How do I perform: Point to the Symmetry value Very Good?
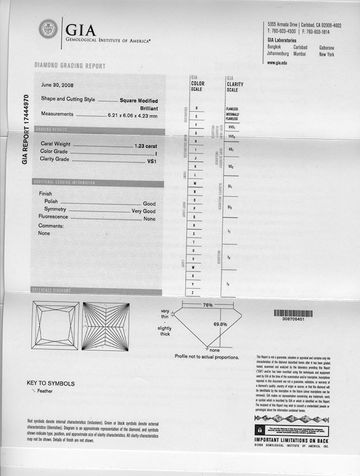click(x=144, y=211)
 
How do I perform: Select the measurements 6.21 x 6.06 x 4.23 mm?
click(x=133, y=116)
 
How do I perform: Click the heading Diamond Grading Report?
click(x=70, y=66)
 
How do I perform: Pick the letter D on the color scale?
click(x=197, y=108)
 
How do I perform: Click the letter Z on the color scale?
click(x=193, y=293)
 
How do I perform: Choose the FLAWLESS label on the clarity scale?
click(x=232, y=108)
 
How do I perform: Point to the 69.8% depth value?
click(x=220, y=324)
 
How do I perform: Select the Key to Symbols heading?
click(x=50, y=383)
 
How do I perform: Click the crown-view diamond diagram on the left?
click(x=57, y=325)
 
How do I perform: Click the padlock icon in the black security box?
click(x=260, y=430)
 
